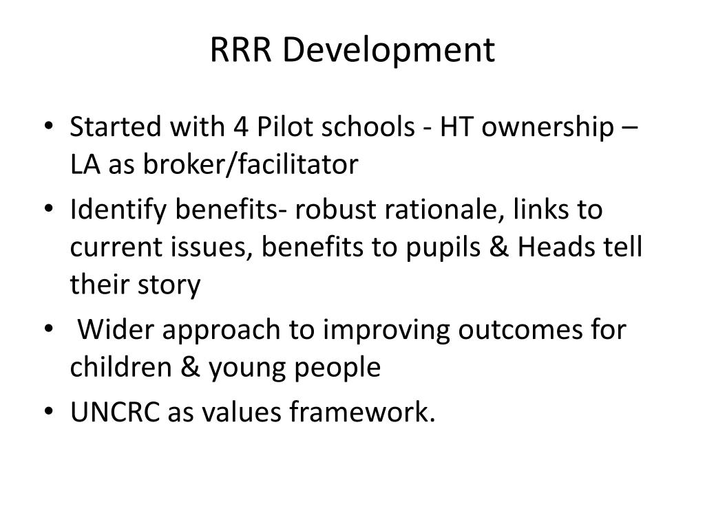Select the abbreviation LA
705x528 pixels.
pos(86,165)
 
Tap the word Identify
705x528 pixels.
pos(120,210)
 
